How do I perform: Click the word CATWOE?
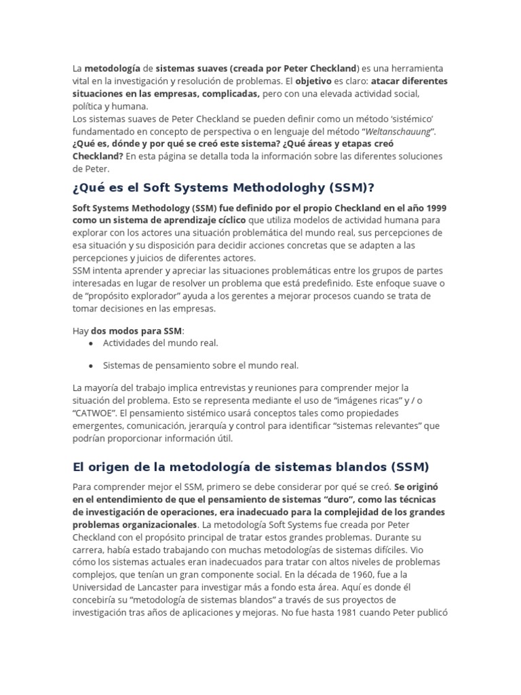point(95,412)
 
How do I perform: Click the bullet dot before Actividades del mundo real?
point(91,343)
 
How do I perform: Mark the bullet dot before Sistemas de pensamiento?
point(91,365)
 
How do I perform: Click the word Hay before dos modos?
point(81,331)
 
